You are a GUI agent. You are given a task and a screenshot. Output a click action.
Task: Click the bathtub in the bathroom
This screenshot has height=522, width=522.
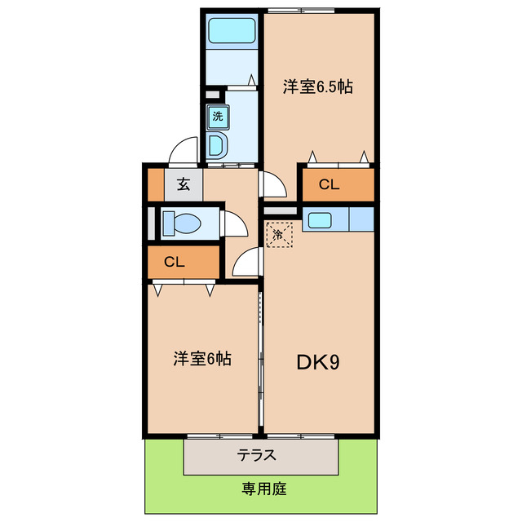(232, 31)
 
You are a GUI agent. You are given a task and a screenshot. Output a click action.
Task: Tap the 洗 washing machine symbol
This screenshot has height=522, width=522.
(217, 116)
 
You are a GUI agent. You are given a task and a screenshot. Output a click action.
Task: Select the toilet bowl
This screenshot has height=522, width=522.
(184, 222)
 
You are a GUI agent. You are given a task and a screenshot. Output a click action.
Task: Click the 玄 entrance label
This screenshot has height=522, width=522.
(184, 184)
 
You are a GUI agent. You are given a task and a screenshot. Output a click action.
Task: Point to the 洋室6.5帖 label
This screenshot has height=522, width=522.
(318, 86)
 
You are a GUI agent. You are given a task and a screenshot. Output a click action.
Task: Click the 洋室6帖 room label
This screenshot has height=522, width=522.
(201, 357)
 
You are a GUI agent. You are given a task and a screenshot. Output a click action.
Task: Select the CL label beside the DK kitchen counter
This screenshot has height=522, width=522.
(329, 184)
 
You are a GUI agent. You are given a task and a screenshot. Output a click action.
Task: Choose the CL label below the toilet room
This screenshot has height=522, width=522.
(175, 263)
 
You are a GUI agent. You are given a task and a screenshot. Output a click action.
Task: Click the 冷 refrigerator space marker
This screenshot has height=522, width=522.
(279, 235)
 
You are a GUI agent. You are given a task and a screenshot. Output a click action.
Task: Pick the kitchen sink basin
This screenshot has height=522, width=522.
(319, 219)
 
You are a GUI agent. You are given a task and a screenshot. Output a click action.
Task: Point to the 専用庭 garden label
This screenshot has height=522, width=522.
(263, 489)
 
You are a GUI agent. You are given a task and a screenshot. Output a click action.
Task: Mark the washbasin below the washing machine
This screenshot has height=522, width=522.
(217, 145)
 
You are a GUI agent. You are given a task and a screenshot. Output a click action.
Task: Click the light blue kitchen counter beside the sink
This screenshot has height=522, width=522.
(361, 219)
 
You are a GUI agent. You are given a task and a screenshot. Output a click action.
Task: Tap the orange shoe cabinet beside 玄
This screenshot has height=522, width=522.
(156, 184)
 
